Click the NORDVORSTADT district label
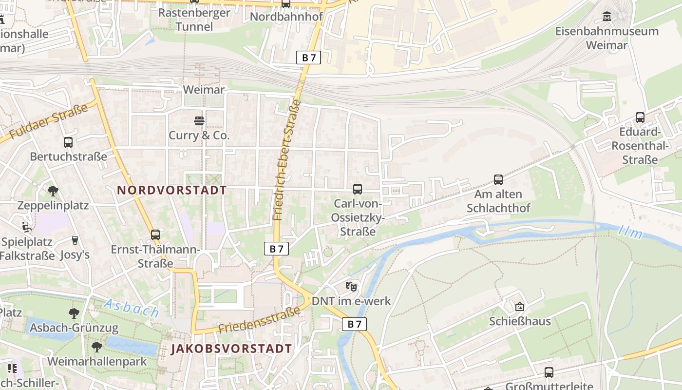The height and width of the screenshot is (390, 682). point(172,190)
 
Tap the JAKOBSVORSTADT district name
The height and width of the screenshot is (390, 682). point(231,349)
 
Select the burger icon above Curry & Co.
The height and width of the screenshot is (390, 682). point(199,120)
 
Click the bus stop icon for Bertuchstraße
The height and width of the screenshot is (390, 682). point(68,142)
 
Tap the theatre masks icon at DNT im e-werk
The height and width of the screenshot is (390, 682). point(351,286)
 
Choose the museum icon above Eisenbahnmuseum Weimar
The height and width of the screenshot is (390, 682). point(607,17)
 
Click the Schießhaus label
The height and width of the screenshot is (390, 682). point(520,321)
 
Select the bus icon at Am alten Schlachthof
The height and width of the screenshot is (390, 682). point(498,179)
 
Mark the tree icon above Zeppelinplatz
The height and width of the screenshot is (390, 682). point(53,191)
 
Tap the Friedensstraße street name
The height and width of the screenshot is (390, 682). point(259,320)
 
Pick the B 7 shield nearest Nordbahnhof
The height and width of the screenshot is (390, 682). point(308,58)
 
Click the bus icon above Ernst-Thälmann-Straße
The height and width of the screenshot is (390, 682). point(155,235)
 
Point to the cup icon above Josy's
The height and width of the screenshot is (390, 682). point(75,240)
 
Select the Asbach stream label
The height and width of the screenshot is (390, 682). point(131,309)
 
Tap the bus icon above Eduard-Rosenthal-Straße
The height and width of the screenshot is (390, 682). point(640,117)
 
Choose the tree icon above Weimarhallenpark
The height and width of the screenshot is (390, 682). point(97,347)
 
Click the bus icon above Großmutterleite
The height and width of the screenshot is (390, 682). point(549,372)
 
